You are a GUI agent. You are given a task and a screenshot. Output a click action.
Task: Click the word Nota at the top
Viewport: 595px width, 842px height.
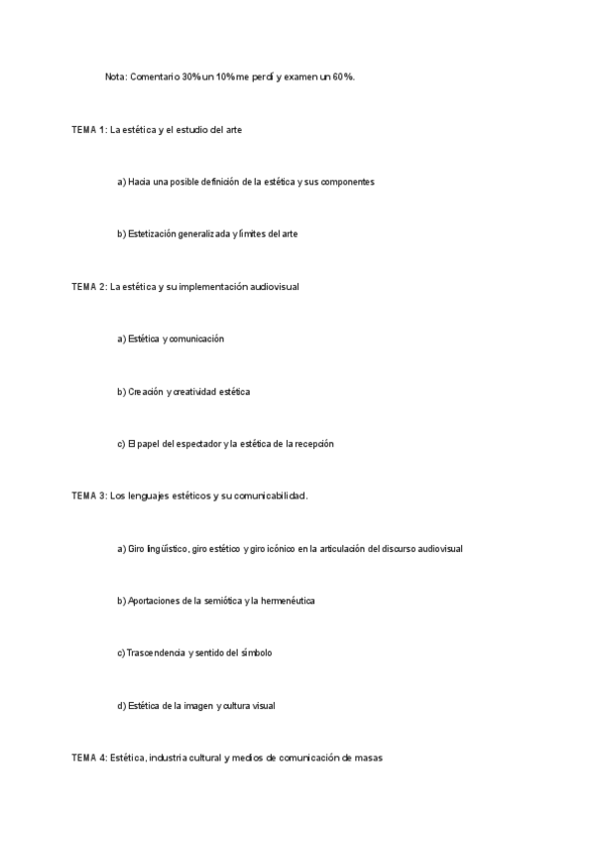click(x=115, y=77)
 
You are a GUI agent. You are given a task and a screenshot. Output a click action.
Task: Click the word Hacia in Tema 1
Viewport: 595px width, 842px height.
click(x=140, y=182)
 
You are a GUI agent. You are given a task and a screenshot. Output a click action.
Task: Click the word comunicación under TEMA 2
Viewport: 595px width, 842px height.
click(x=196, y=339)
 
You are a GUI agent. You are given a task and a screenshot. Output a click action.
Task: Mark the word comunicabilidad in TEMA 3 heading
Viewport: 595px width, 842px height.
click(x=270, y=495)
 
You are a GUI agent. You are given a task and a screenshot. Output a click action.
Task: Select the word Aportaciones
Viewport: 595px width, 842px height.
click(x=159, y=601)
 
